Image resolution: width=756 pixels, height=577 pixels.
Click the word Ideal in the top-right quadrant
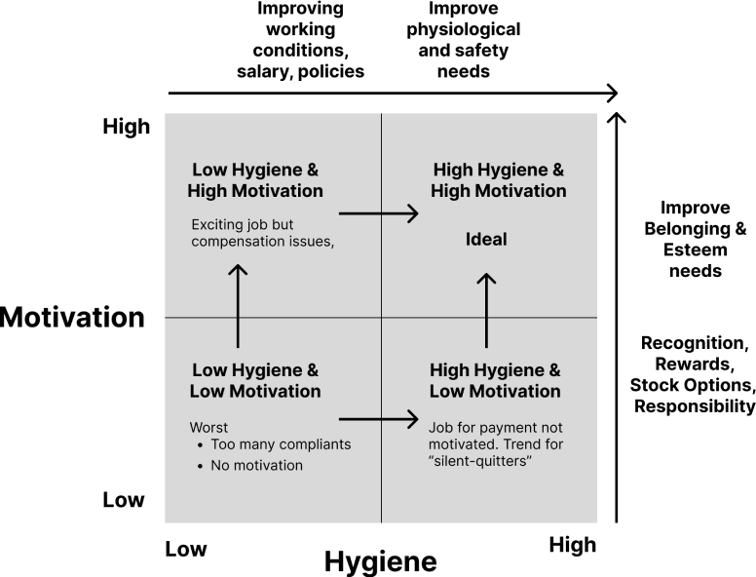pos(486,240)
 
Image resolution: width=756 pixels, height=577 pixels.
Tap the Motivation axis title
pos(72,317)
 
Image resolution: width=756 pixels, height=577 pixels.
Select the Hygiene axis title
pos(380,562)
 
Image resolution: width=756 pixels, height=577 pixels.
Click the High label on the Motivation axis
pos(127,127)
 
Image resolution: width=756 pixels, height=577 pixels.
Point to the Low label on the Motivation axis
pos(124,500)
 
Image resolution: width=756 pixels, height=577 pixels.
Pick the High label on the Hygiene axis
pos(573,545)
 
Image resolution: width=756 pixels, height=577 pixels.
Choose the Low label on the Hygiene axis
pos(186,549)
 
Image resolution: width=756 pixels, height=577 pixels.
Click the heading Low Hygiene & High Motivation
pos(255,180)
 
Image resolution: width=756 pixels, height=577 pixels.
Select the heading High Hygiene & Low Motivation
pos(495,381)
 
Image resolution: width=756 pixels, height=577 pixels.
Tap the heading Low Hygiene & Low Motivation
pos(255,381)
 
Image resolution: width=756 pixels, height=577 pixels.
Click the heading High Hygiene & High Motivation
pos(499,180)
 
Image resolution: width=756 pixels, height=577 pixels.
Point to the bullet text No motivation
pos(256,465)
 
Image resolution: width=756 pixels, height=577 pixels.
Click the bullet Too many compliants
pos(281,444)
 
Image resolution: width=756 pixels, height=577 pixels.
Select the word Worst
pos(208,428)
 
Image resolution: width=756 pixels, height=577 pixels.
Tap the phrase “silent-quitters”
pos(480,461)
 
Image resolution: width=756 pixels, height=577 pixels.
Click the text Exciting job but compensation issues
pos(263,233)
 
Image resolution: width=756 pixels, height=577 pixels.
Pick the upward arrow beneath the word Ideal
pos(486,310)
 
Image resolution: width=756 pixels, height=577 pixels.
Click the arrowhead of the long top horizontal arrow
pos(613,94)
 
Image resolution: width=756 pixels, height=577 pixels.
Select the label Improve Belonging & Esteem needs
pos(696,240)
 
